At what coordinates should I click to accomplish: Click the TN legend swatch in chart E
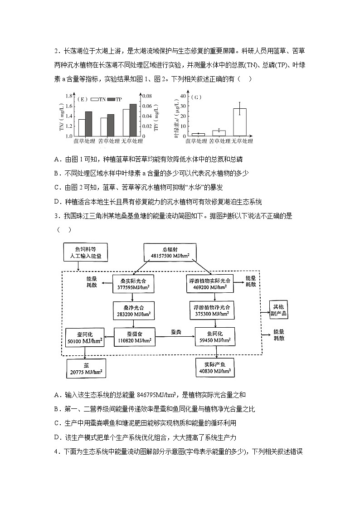pyautogui.click(x=94, y=99)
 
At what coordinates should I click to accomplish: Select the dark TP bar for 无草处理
pyautogui.click(x=133, y=120)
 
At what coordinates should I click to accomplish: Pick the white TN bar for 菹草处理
pyautogui.click(x=82, y=127)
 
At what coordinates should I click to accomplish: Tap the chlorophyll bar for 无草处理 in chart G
pyautogui.click(x=239, y=122)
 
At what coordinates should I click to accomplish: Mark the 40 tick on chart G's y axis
pyautogui.click(x=183, y=96)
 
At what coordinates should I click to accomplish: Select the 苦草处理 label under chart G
pyautogui.click(x=219, y=141)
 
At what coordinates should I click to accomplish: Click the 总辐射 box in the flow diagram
pyautogui.click(x=170, y=252)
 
